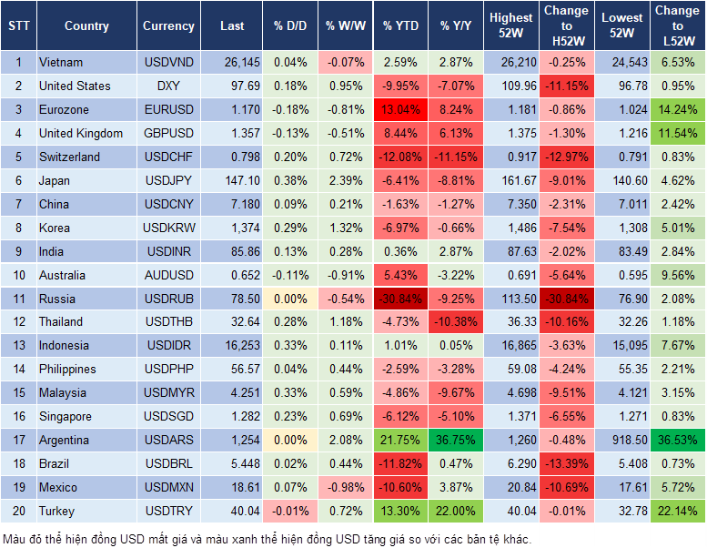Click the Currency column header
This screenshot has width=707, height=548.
[x=168, y=26]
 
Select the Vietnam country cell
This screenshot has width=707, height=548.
[x=61, y=63]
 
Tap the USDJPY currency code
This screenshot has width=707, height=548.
[x=168, y=181]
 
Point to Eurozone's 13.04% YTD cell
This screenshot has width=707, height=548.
[x=401, y=110]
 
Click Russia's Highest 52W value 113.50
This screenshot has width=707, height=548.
[x=511, y=299]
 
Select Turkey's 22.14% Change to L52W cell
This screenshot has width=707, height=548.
[x=677, y=512]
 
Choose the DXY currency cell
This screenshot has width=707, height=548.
[x=168, y=86]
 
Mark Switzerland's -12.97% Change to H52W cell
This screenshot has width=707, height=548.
[x=566, y=157]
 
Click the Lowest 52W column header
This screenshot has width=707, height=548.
[x=621, y=26]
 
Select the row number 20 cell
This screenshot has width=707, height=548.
[x=17, y=512]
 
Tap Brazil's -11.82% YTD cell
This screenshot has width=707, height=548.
[x=401, y=464]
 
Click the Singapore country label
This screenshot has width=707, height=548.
[x=65, y=417]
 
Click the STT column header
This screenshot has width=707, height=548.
[x=17, y=26]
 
